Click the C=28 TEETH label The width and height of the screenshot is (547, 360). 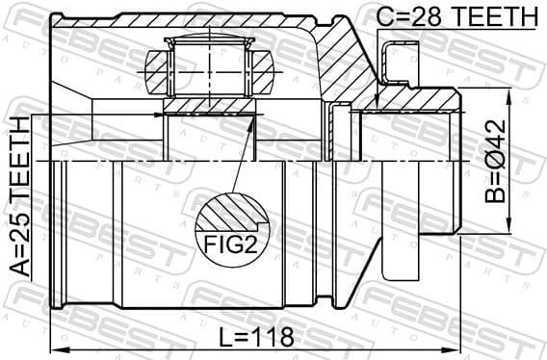click(456, 15)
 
